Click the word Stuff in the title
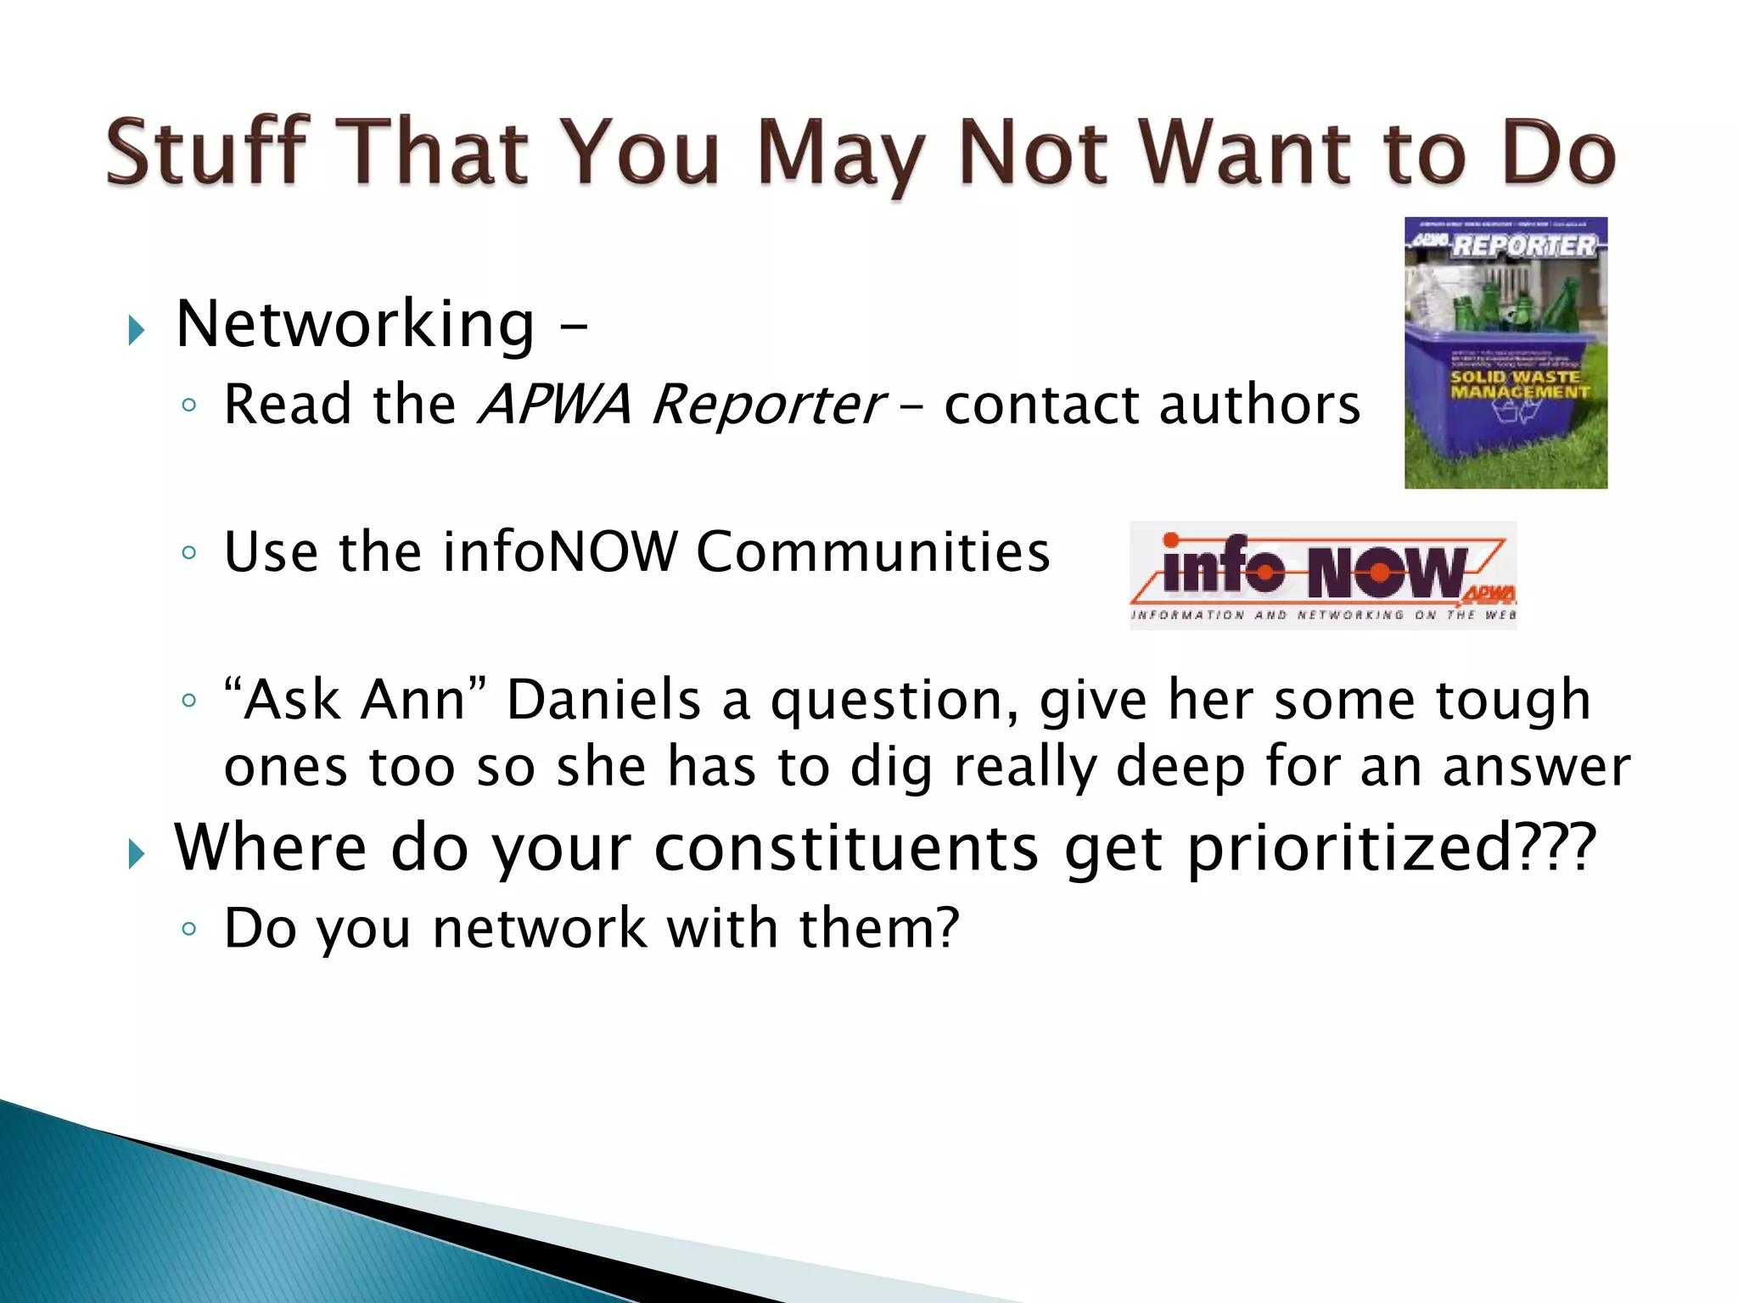tap(206, 153)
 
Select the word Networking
tap(356, 326)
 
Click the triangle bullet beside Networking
tap(136, 329)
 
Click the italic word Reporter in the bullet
tap(768, 405)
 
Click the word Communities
tap(873, 552)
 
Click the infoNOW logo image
tap(1322, 575)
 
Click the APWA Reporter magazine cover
tap(1505, 352)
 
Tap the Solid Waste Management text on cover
tap(1517, 384)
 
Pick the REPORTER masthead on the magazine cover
tap(1523, 246)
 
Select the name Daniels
tap(603, 701)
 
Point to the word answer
tap(1536, 767)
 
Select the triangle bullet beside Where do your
tap(136, 853)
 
